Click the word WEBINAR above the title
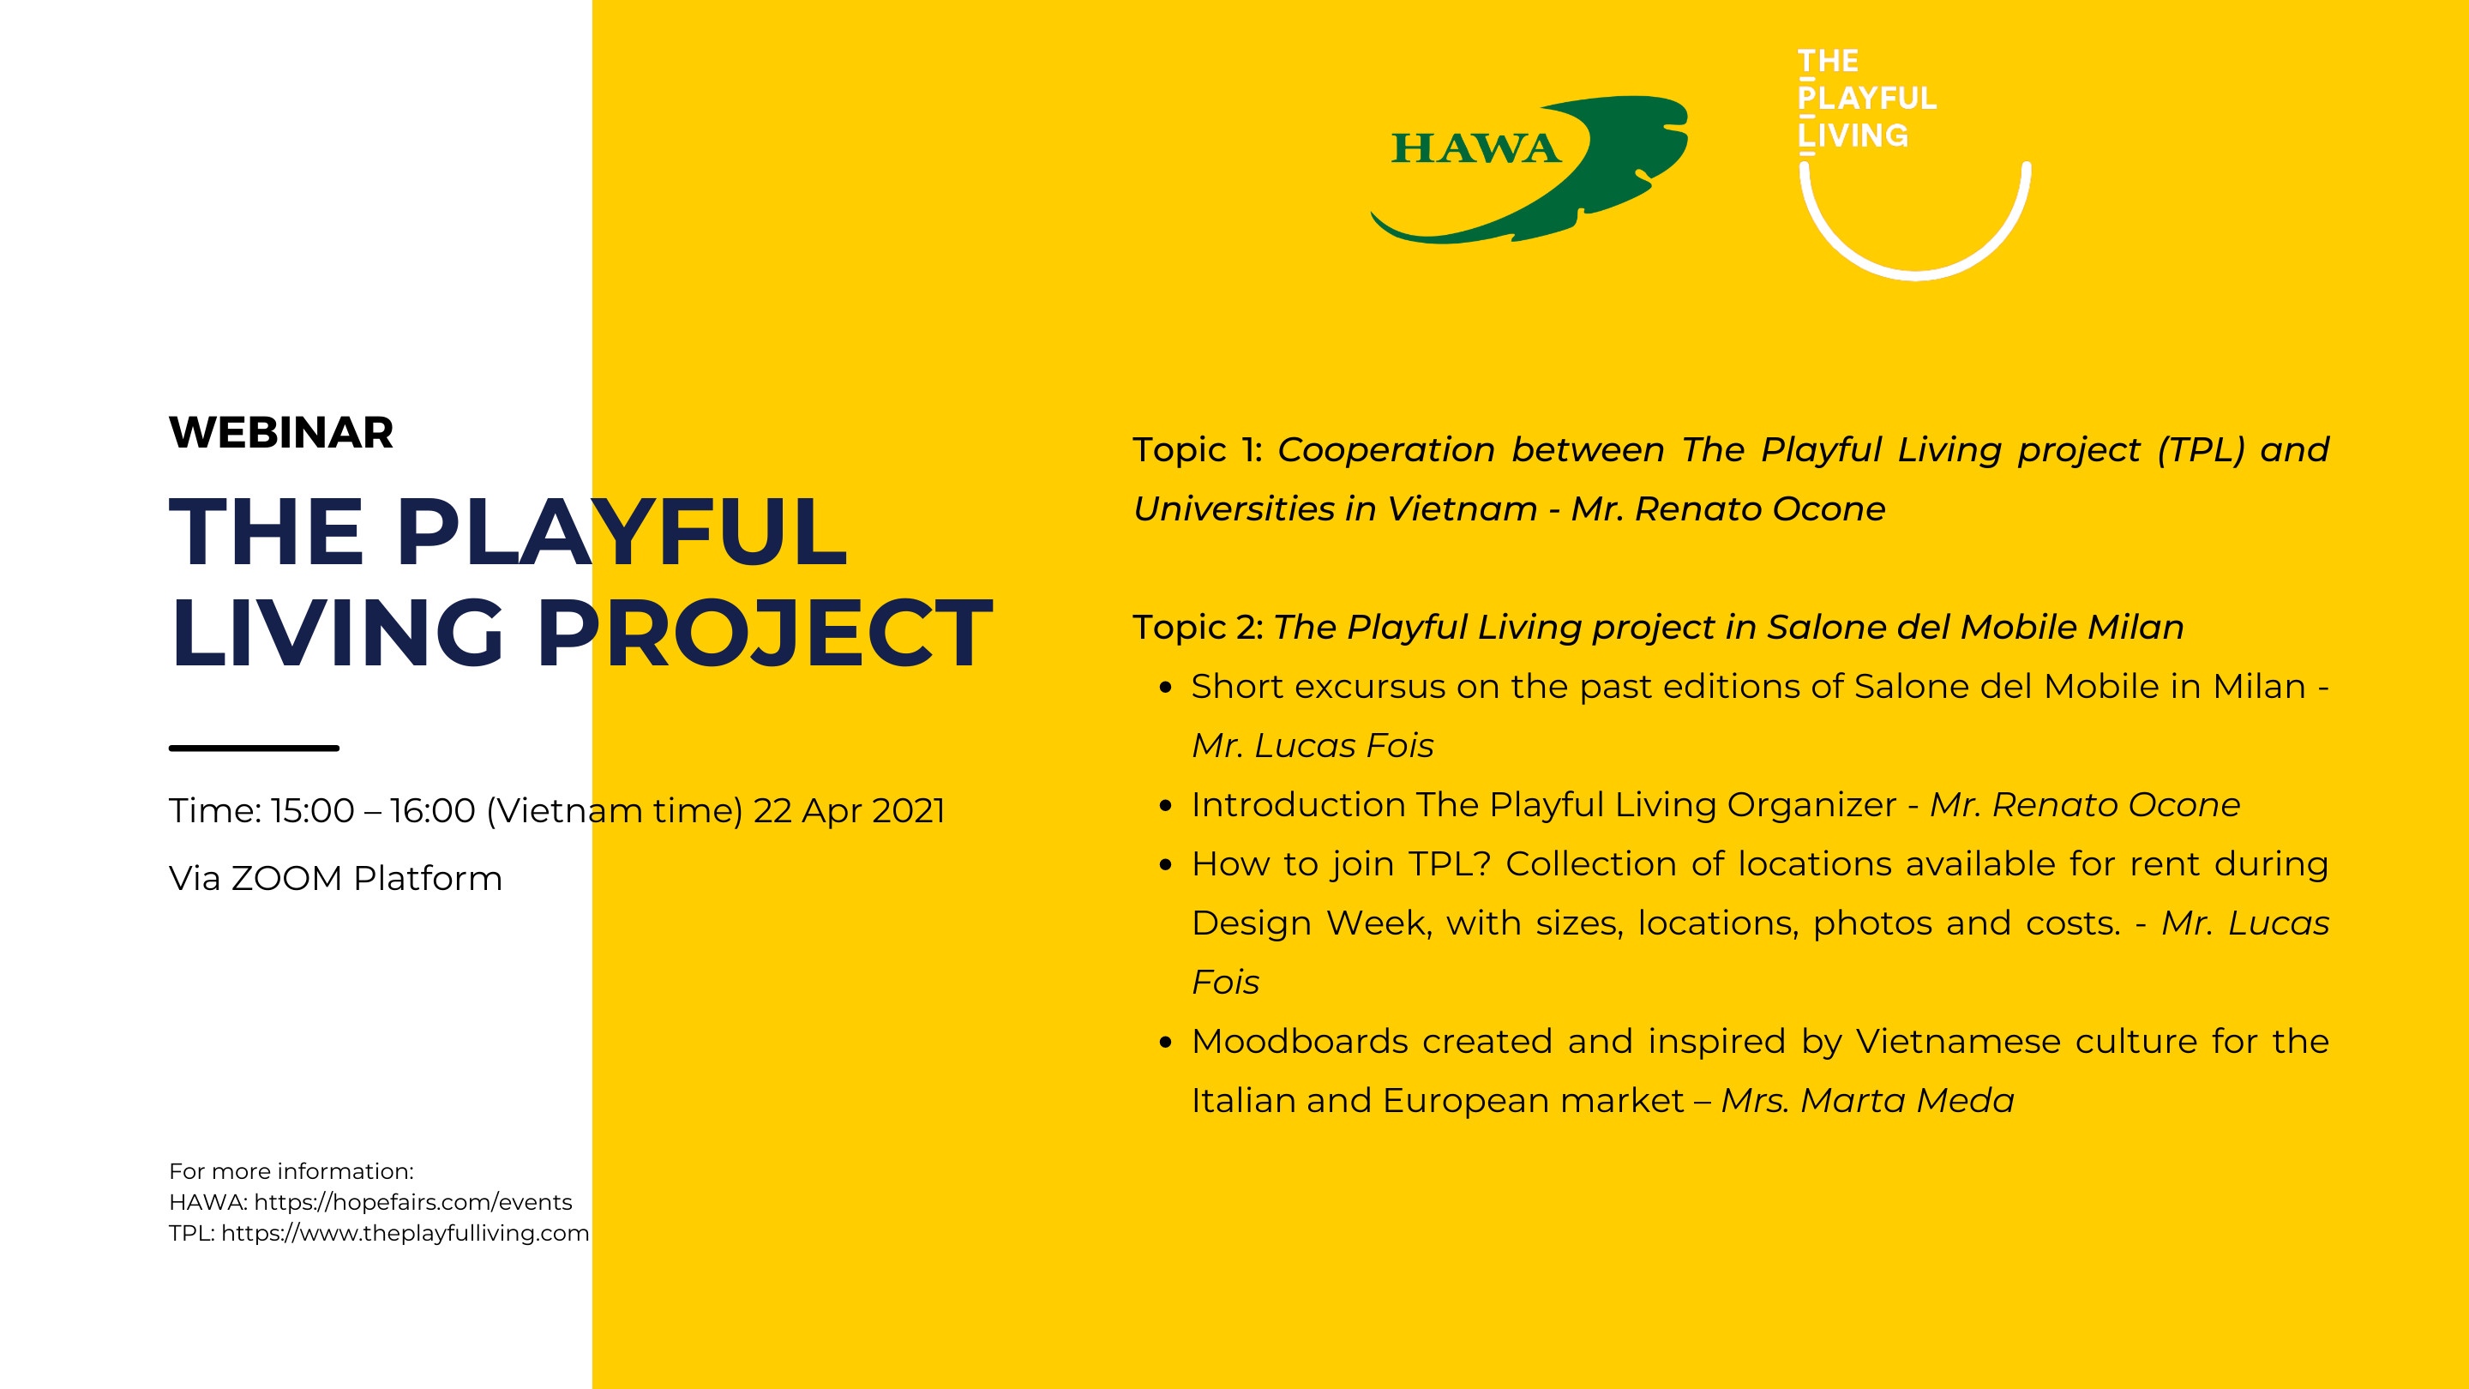(281, 432)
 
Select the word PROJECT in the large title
(764, 633)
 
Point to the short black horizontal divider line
(254, 748)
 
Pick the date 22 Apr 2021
(850, 811)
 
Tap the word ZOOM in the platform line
(286, 878)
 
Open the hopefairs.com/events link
(413, 1202)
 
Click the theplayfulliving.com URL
(405, 1233)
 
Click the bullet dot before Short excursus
(1166, 688)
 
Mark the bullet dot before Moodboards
(1166, 1042)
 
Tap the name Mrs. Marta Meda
(1867, 1100)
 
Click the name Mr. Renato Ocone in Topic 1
(1728, 509)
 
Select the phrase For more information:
(291, 1171)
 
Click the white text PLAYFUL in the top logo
(1867, 98)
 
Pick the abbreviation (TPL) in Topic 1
(2201, 449)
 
